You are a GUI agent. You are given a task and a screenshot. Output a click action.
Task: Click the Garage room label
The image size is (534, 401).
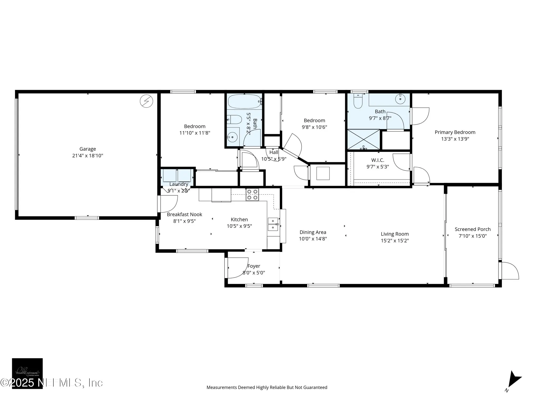coord(88,149)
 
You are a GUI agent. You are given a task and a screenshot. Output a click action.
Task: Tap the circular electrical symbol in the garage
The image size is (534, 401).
coord(147,101)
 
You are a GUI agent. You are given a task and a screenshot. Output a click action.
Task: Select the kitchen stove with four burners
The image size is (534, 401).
coord(252,195)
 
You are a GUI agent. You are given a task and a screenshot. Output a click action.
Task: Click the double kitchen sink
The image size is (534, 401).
coord(273,224)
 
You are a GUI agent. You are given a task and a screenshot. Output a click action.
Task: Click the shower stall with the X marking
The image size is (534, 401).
coord(363,140)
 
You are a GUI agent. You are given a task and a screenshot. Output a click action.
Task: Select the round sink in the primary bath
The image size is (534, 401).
coord(400,99)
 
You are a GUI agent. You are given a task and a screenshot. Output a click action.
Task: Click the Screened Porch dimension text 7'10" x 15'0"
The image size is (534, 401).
coord(473,236)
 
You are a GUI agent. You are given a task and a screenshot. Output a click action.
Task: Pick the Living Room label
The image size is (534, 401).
coord(395,234)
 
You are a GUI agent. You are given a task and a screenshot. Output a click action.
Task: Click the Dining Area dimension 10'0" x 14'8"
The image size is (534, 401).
coord(313,239)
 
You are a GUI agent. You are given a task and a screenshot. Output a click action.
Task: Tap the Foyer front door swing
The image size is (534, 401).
coord(237,268)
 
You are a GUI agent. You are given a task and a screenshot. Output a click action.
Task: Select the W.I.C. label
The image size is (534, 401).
coord(378,160)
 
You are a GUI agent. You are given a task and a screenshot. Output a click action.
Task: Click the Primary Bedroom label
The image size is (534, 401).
coord(455,132)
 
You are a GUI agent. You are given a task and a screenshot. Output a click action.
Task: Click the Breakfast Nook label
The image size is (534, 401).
coord(184,214)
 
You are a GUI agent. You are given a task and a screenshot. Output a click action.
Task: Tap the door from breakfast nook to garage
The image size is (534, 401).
coord(168,204)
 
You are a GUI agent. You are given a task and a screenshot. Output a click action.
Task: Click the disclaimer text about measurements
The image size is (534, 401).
coord(267,387)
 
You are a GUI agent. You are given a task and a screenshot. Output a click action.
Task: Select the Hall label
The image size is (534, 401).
coord(274,152)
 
